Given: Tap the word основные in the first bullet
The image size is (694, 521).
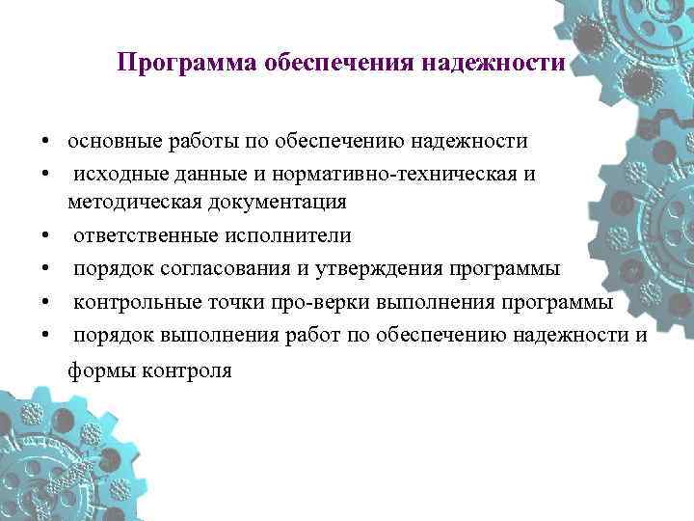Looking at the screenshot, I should pyautogui.click(x=109, y=142).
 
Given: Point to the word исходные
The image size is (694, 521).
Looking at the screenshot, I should pyautogui.click(x=116, y=173).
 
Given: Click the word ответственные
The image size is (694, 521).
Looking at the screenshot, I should pyautogui.click(x=142, y=235).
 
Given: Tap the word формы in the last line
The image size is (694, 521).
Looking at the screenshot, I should pyautogui.click(x=98, y=370).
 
